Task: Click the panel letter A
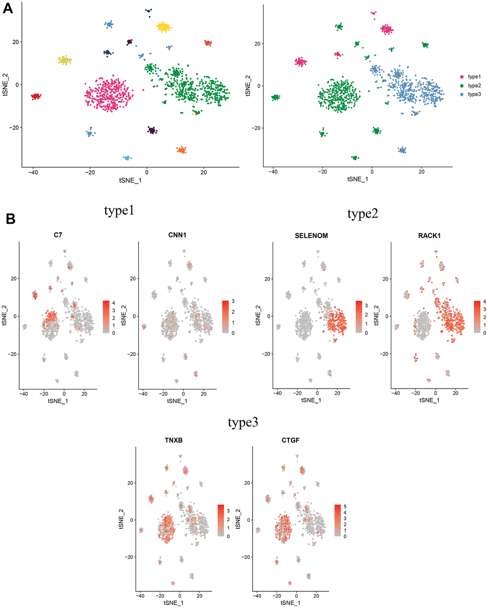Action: click(8, 9)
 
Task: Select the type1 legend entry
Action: click(474, 77)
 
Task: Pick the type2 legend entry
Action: click(474, 85)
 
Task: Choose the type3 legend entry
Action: click(474, 94)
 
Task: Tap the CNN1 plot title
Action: click(177, 236)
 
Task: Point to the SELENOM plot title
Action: click(311, 236)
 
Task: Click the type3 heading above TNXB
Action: click(244, 424)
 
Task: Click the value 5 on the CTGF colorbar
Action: click(345, 506)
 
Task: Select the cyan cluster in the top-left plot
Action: click(127, 158)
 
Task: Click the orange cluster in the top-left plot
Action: click(181, 150)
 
